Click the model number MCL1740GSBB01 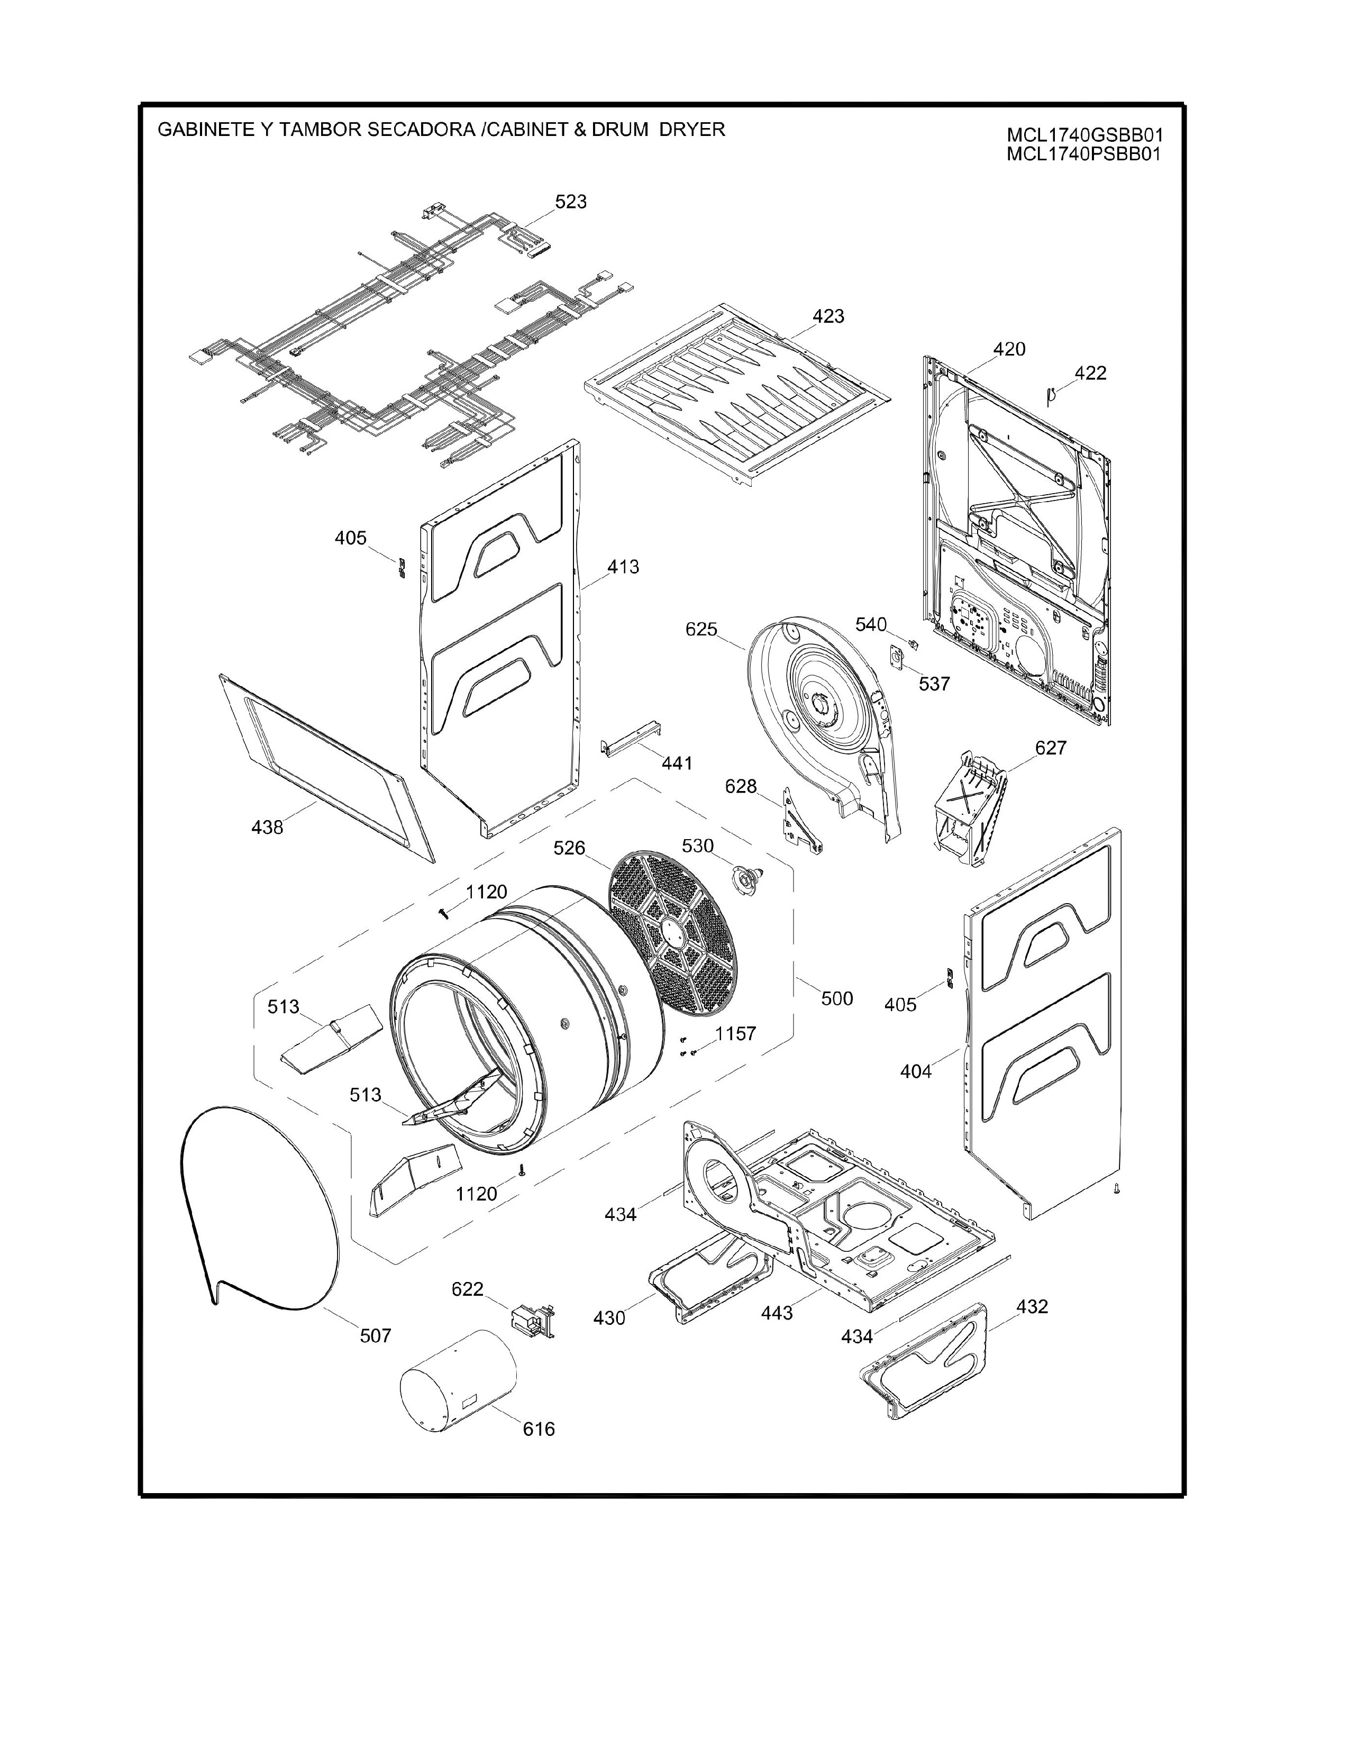[x=1083, y=136]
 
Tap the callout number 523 [x=571, y=202]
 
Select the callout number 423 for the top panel [x=829, y=316]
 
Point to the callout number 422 [x=1091, y=374]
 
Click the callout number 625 [x=701, y=629]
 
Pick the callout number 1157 [x=735, y=1034]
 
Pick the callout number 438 [x=267, y=827]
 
